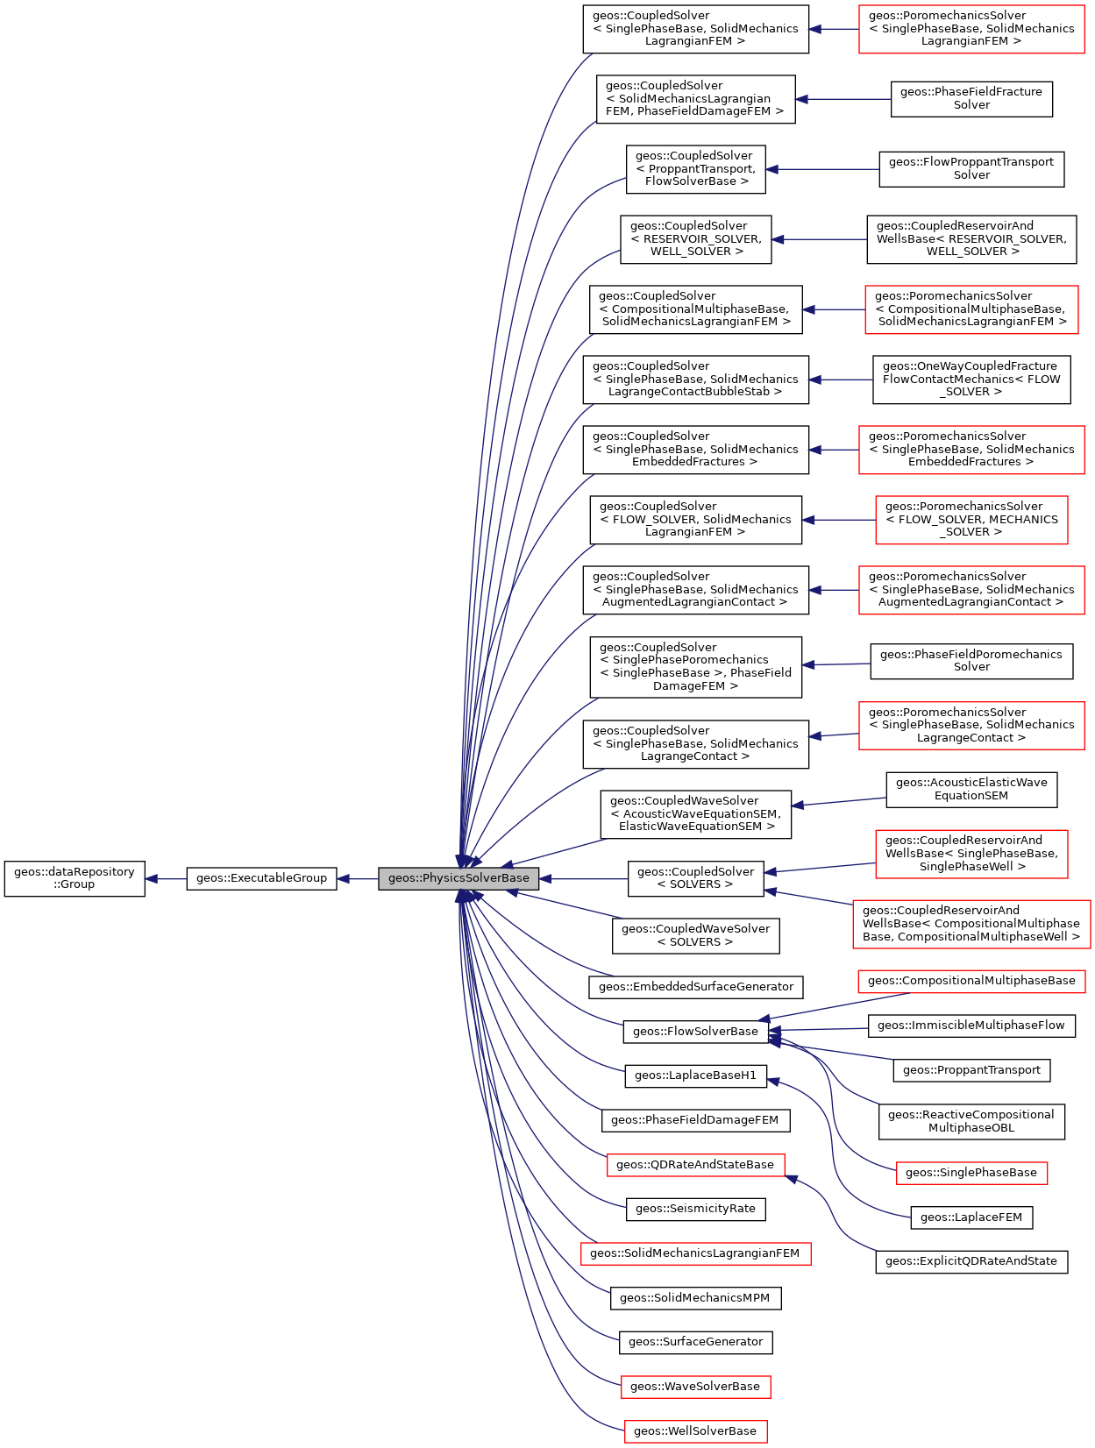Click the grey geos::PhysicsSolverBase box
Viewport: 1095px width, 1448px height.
459,878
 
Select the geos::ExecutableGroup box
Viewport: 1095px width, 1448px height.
261,878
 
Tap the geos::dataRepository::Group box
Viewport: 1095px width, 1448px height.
75,878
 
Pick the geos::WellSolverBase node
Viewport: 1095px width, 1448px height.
695,1431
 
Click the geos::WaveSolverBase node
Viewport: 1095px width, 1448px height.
695,1387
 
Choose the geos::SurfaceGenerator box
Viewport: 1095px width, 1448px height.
696,1342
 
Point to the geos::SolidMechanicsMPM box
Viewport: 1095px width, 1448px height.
695,1298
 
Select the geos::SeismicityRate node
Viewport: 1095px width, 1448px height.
695,1209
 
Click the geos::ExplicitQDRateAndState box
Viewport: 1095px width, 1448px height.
971,1261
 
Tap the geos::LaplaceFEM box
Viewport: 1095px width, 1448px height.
971,1217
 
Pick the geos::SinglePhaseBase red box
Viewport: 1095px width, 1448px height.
971,1173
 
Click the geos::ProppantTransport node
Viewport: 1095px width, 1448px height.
971,1070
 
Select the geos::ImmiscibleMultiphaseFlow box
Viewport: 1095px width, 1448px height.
971,1026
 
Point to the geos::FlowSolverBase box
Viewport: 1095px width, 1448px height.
695,1032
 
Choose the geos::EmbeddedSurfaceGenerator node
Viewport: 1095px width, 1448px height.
696,987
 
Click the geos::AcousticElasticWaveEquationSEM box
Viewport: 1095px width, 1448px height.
971,789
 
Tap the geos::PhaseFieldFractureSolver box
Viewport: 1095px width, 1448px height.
971,98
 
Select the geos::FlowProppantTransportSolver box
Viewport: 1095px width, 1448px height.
971,168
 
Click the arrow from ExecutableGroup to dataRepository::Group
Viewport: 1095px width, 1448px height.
166,878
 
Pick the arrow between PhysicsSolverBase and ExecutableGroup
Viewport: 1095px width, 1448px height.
358,878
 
